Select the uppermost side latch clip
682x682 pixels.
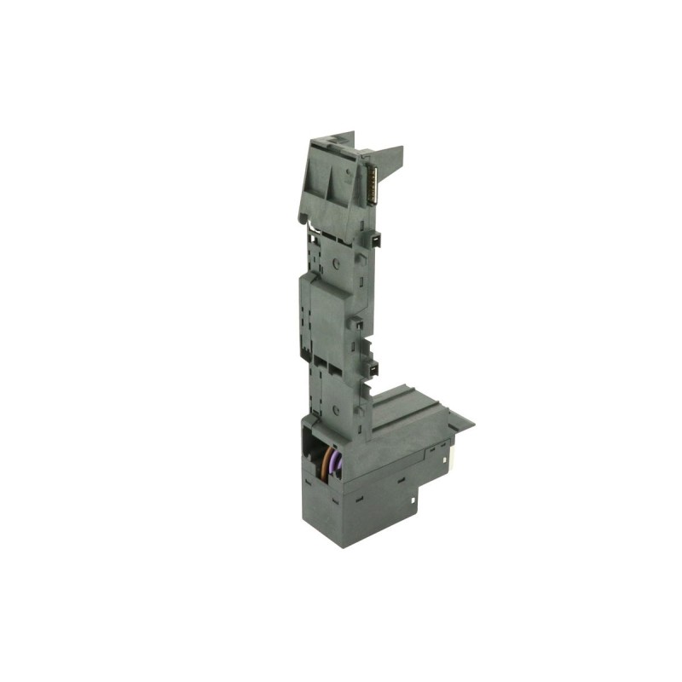[x=374, y=239]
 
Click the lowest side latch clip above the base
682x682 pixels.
[x=373, y=368]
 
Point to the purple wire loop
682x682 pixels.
[x=336, y=465]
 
